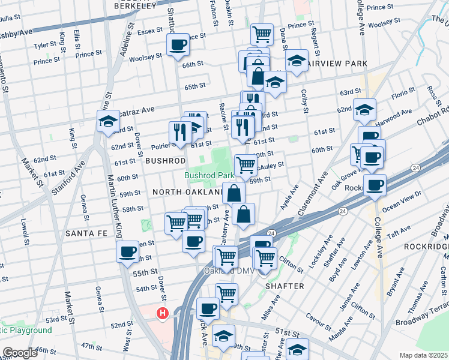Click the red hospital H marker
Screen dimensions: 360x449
[x=161, y=313]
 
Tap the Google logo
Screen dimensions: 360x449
[x=20, y=353]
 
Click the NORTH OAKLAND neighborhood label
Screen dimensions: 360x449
[x=187, y=191]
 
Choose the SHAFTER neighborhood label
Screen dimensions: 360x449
[x=285, y=286]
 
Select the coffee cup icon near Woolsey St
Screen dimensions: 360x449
[x=178, y=44]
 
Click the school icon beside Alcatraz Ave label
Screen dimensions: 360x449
[x=108, y=121]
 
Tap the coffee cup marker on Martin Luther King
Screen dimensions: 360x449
[x=128, y=252]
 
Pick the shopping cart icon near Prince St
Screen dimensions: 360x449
[x=262, y=34]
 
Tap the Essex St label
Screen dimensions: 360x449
[x=150, y=31]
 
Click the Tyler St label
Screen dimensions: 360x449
[x=45, y=45]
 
